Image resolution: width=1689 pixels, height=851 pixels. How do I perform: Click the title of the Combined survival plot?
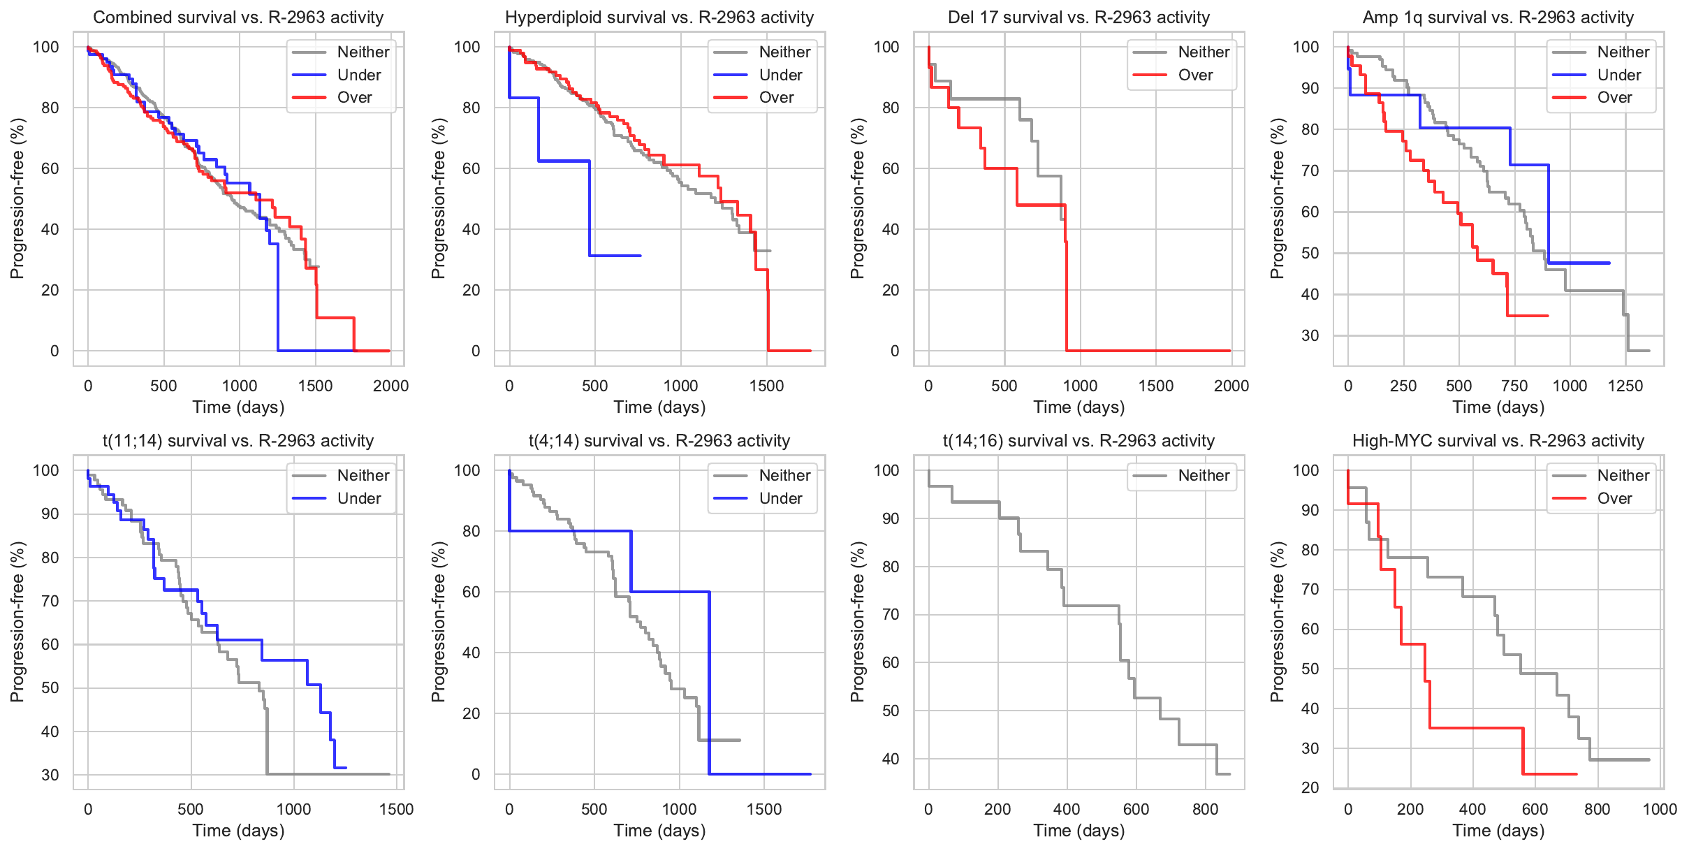(238, 17)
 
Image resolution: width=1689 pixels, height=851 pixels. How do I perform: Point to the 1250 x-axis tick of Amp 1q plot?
(1625, 386)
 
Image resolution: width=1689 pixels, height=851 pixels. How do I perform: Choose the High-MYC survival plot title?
(1498, 441)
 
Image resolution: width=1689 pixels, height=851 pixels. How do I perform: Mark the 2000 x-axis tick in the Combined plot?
(390, 386)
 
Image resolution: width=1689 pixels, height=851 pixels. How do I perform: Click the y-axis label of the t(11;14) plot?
(17, 622)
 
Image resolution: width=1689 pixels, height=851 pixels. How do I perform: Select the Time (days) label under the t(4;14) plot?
(659, 831)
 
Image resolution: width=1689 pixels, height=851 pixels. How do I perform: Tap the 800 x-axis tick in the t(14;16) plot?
(1205, 809)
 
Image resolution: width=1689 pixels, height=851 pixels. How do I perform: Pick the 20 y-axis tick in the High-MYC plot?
(1310, 787)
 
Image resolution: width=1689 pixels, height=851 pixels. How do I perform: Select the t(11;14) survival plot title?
(238, 441)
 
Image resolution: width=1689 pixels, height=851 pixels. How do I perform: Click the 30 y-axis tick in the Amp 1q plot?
(1310, 335)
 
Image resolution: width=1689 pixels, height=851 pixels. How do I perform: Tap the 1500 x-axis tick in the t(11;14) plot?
(396, 809)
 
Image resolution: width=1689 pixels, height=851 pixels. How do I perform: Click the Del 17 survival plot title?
(1079, 17)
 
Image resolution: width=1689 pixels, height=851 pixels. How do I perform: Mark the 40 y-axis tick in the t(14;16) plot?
(891, 759)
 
